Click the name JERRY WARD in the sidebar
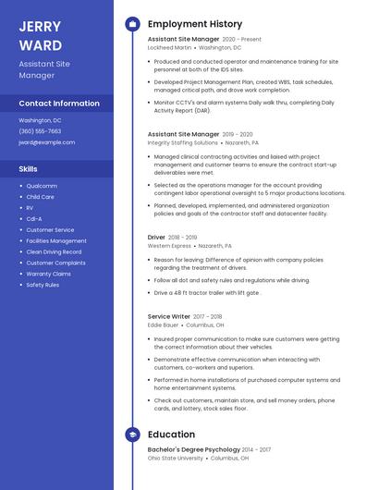[41, 35]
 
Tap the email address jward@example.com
[46, 142]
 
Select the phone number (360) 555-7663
[40, 131]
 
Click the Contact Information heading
[59, 104]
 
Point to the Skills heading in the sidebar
[29, 169]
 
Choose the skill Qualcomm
[42, 186]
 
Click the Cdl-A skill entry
[34, 219]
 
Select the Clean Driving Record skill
[54, 251]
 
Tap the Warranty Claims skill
[48, 274]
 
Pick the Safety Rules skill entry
[43, 285]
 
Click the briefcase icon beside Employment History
[132, 24]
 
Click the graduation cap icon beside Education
[132, 435]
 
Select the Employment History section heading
[195, 24]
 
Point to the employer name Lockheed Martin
[170, 47]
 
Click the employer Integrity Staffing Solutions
[183, 143]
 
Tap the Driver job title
[156, 238]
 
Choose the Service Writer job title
[168, 317]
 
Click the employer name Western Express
[169, 246]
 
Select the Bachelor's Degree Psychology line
[193, 449]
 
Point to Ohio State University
[176, 458]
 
